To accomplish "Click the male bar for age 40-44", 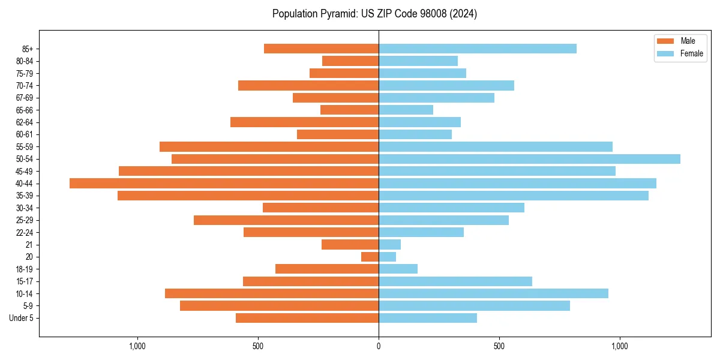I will (224, 183).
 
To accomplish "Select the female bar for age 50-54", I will (529, 159).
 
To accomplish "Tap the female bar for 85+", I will (478, 49).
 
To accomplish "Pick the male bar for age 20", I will (370, 257).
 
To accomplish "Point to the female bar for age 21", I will (389, 245).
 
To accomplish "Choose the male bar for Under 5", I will (307, 318).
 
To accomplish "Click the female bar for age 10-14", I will (493, 293).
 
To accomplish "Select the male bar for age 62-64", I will (304, 122).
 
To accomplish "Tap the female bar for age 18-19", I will (398, 269).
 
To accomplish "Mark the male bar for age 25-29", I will (286, 220).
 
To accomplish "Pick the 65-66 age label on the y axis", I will (25, 110).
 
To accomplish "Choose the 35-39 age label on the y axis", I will (25, 196).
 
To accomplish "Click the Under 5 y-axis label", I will (22, 318).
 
